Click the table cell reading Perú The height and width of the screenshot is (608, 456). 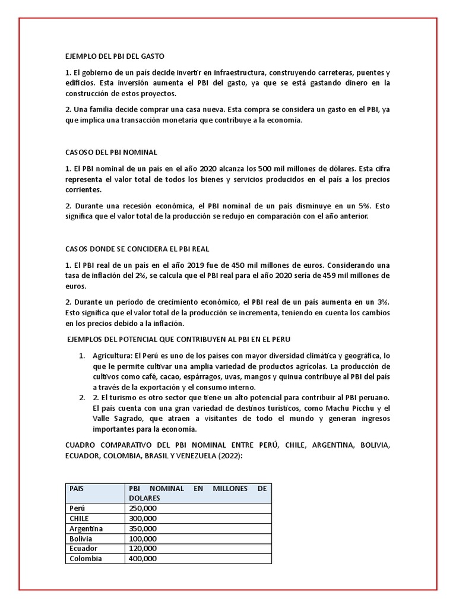tap(77, 508)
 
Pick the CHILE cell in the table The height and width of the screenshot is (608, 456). tap(80, 518)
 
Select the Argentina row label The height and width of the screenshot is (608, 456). tap(86, 528)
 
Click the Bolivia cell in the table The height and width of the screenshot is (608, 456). tap(81, 539)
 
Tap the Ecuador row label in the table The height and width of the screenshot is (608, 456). tap(83, 549)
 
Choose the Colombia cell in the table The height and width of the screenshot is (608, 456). tap(85, 559)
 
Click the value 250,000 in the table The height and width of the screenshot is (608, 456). tap(142, 508)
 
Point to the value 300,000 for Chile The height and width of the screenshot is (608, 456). tap(142, 518)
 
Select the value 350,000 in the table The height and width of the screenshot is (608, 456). tap(142, 528)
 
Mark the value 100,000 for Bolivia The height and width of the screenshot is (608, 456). tap(142, 539)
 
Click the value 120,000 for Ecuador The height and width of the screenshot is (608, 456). tap(142, 549)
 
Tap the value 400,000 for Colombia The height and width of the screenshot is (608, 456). tap(142, 559)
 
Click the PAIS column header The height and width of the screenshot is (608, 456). tap(77, 488)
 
